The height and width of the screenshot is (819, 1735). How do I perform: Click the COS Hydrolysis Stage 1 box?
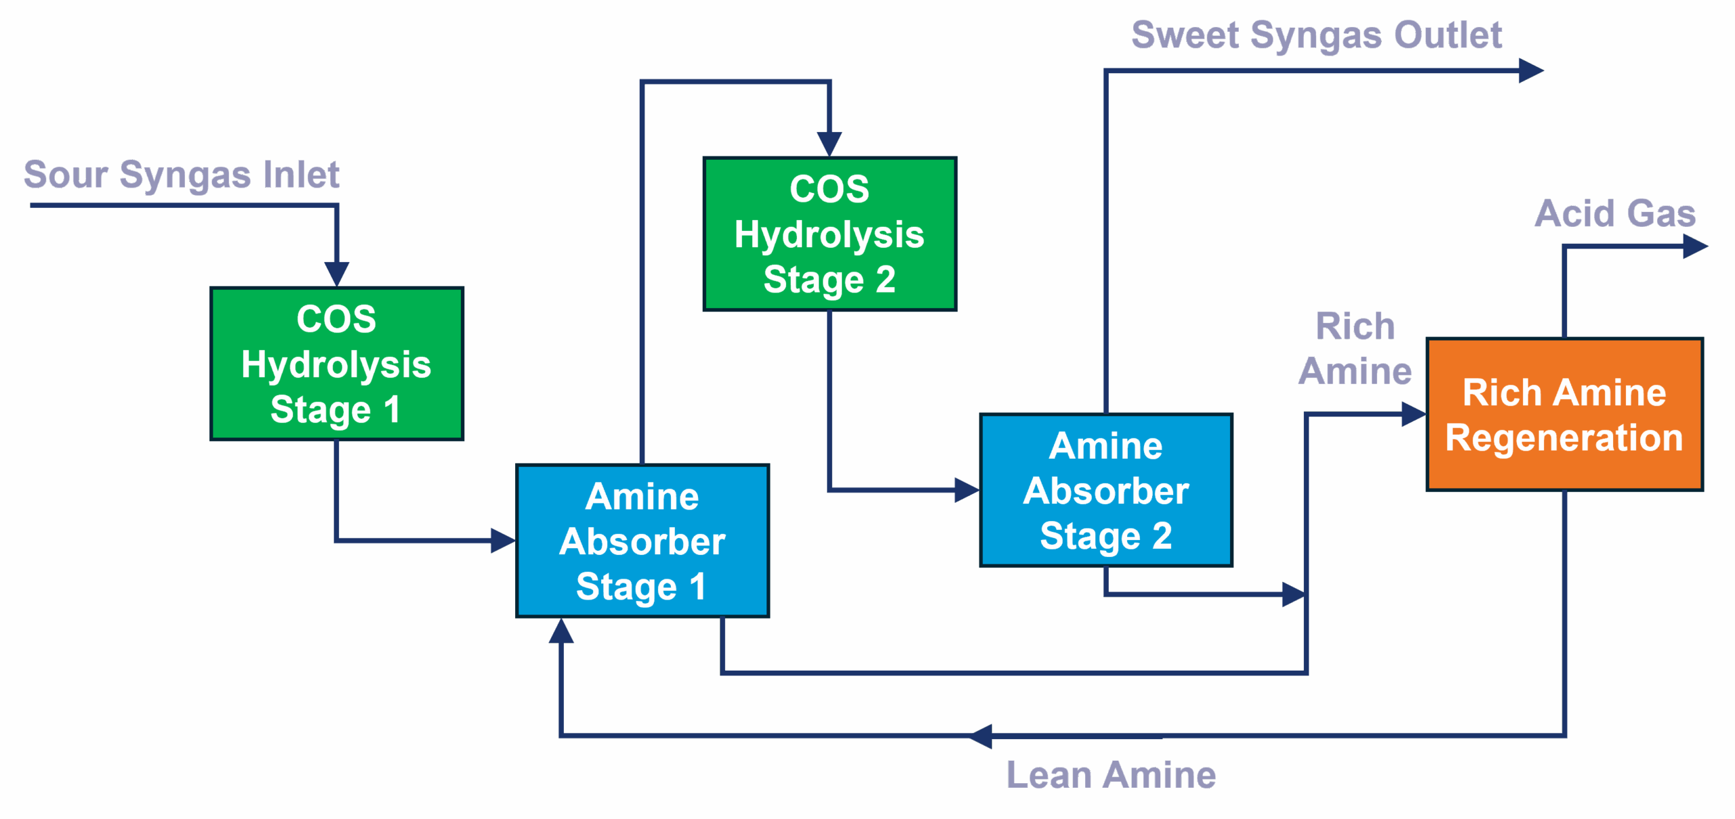click(337, 364)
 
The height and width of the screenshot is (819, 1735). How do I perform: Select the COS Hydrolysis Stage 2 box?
click(830, 234)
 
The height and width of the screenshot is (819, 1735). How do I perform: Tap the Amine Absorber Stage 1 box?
click(642, 541)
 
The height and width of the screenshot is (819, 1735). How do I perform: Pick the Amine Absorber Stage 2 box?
click(1106, 490)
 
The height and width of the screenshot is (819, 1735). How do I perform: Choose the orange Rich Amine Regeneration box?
click(1564, 414)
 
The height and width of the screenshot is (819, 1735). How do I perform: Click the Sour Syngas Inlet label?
click(182, 175)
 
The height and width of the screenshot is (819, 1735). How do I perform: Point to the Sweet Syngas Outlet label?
click(1317, 35)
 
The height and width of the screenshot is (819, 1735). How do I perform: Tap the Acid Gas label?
click(1615, 213)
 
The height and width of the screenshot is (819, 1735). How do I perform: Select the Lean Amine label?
click(1111, 775)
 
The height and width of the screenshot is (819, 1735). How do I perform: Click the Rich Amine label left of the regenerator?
click(1355, 349)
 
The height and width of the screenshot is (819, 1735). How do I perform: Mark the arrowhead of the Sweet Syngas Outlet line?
click(1530, 70)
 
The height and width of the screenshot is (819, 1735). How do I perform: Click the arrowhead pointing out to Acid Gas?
click(1695, 247)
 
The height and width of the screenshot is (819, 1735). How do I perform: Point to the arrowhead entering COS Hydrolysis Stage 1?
click(337, 274)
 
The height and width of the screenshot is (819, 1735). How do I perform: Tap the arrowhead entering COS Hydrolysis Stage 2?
click(830, 144)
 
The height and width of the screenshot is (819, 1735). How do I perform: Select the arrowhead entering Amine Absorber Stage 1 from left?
click(503, 541)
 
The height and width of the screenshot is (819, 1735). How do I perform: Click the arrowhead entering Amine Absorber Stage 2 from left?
click(966, 489)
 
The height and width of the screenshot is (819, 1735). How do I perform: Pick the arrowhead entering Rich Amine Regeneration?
click(1414, 414)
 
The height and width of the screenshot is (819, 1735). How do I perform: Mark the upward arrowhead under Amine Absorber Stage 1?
click(561, 631)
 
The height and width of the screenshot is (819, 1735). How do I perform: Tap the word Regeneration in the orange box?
click(1564, 438)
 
